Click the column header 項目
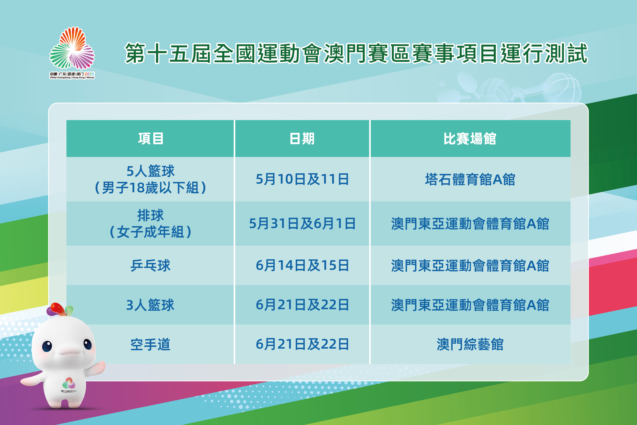point(151,138)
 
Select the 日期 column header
point(302,138)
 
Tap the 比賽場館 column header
point(470,138)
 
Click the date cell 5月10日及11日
point(302,179)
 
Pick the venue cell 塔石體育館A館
point(470,179)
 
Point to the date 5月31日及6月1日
point(302,224)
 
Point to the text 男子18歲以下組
point(151,188)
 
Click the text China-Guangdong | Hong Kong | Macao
point(72,78)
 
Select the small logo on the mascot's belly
point(69,385)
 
